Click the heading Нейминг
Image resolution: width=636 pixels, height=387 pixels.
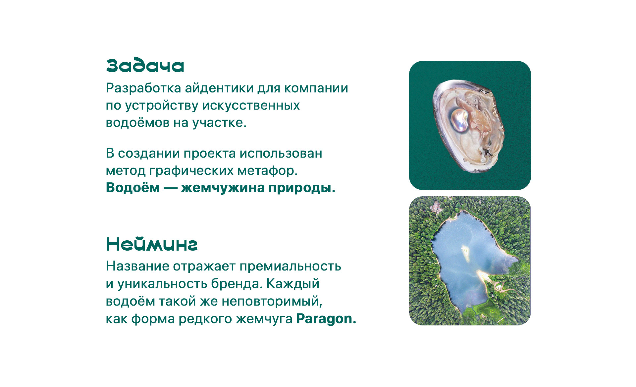click(x=152, y=244)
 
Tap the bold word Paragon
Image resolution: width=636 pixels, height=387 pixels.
click(x=326, y=319)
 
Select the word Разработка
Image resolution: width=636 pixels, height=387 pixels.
click(x=143, y=88)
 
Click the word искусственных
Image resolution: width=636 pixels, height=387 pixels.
click(x=251, y=106)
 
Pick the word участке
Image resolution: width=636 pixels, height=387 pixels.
click(x=220, y=123)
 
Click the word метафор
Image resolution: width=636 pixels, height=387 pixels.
click(x=267, y=170)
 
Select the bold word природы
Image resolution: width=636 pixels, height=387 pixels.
click(x=302, y=188)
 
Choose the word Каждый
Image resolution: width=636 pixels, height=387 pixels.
click(x=293, y=284)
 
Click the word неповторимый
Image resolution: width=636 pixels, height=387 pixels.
click(x=272, y=301)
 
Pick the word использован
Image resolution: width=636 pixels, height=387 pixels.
click(x=281, y=153)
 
